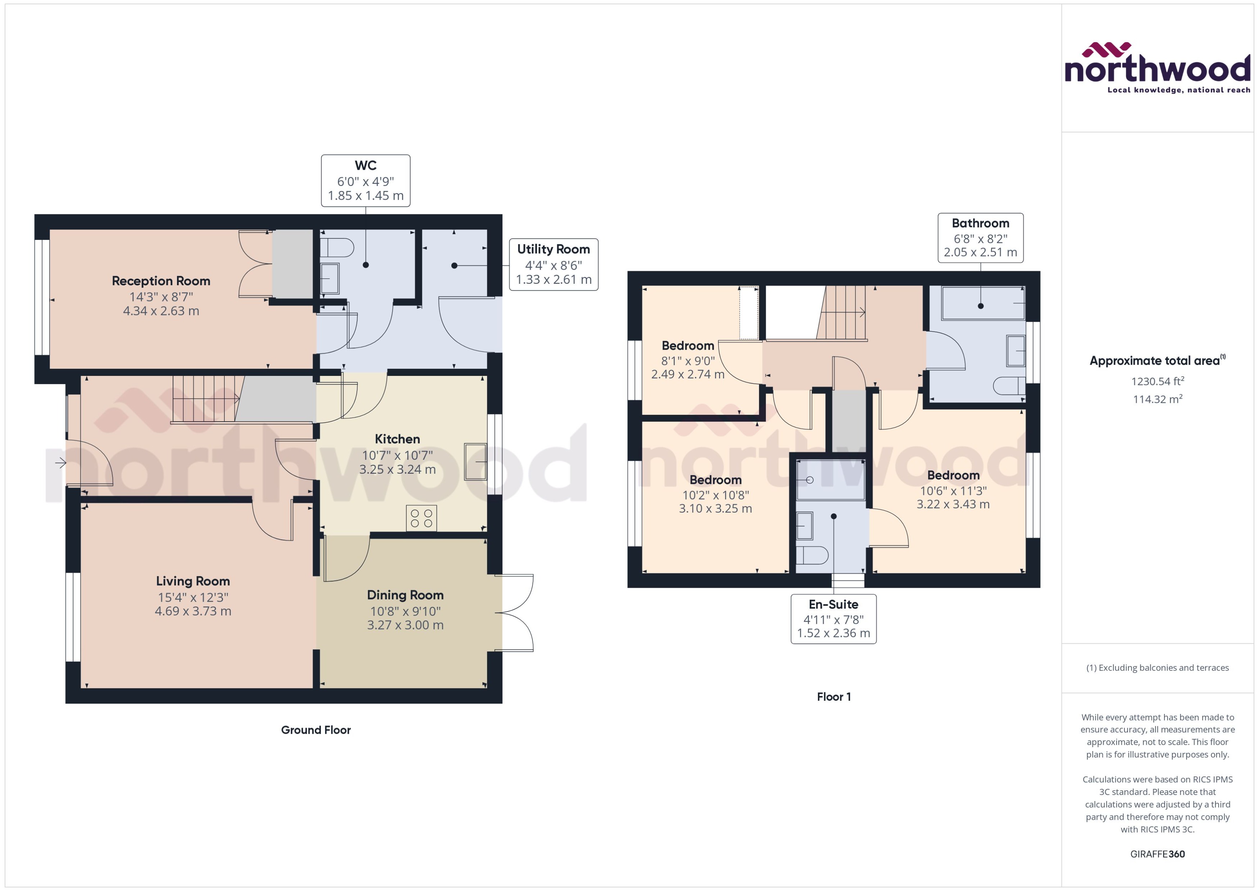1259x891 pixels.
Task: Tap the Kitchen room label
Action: pos(397,439)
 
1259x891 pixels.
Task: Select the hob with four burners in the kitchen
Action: pos(421,518)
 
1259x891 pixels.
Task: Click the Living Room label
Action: pos(192,581)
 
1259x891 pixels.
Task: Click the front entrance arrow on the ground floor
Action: pos(60,463)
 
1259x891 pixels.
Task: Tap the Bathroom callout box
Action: pos(980,237)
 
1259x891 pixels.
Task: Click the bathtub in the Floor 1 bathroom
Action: pos(982,303)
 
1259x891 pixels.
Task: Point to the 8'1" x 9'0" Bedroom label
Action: pos(687,346)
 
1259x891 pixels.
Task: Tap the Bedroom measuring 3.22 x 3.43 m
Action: pos(953,476)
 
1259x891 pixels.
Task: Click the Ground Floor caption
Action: pos(315,730)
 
